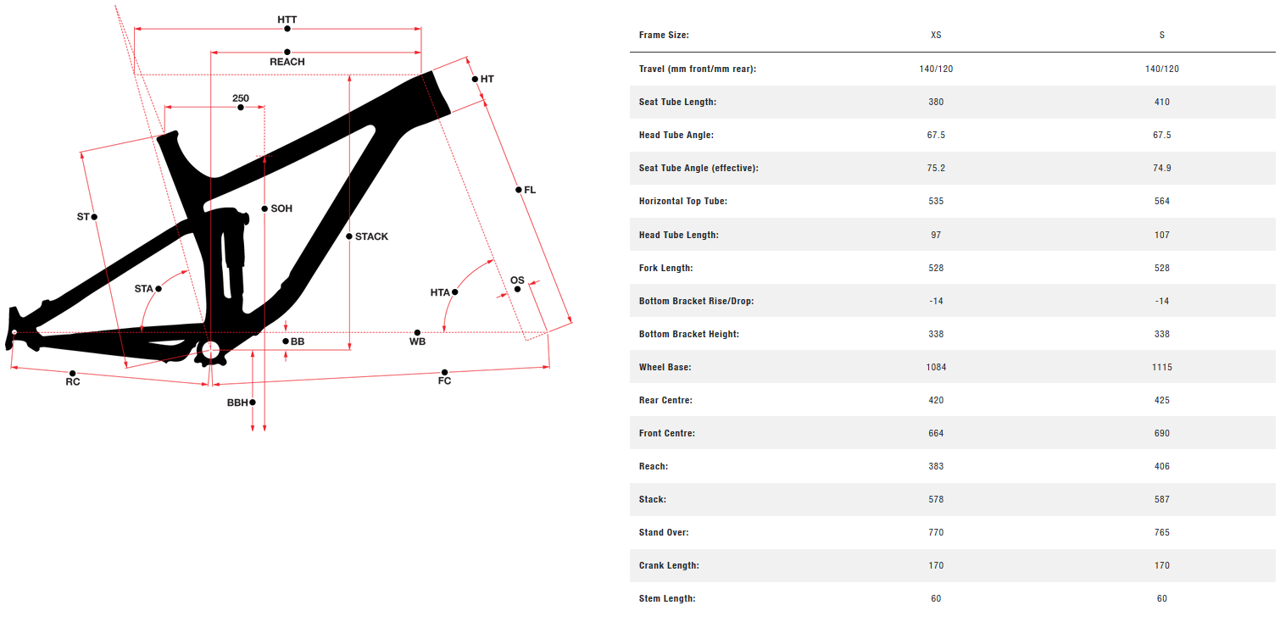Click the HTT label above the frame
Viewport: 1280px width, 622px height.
287,19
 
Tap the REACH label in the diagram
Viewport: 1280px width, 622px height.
287,62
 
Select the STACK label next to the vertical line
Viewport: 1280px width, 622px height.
371,236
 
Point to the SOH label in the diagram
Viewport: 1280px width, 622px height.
281,208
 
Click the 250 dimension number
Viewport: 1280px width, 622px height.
241,98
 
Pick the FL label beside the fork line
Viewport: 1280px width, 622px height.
530,190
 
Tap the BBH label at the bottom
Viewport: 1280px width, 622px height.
237,403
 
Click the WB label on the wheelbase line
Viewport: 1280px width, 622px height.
417,342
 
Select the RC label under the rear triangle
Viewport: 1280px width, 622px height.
73,382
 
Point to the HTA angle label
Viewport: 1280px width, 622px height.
440,292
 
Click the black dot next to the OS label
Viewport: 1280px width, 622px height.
517,290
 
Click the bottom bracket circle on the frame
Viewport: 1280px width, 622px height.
209,349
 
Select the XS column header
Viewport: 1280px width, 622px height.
936,36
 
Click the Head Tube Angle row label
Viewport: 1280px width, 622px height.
676,135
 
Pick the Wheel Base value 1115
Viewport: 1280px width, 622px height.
1161,367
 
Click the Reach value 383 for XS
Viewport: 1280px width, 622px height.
936,466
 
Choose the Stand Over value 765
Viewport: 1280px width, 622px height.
1161,532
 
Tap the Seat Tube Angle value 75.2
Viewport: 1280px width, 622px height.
936,168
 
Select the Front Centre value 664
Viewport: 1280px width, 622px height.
936,433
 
